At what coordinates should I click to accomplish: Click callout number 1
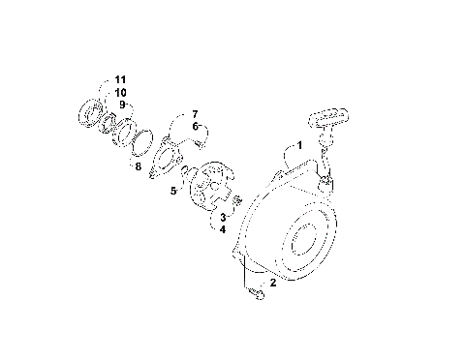tap(300, 145)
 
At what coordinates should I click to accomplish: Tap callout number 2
tap(273, 283)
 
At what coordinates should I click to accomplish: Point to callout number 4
tap(222, 229)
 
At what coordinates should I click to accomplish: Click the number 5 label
tap(173, 192)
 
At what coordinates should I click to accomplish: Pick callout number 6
tap(194, 127)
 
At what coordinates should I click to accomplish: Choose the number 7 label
tap(194, 114)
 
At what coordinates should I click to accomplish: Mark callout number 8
tap(139, 166)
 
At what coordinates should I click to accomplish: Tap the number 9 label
tap(123, 104)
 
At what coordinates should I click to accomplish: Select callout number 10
tap(120, 91)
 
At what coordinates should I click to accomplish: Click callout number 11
tap(120, 78)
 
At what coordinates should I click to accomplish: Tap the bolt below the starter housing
tap(257, 293)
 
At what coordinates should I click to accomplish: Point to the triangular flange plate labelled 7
tap(170, 155)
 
